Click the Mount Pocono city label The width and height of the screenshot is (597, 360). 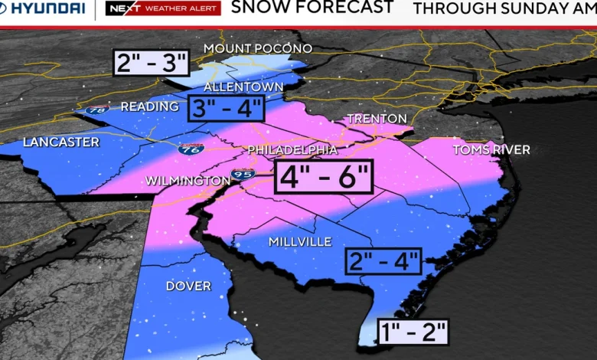tap(257, 49)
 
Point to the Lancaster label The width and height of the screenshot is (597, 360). tap(61, 142)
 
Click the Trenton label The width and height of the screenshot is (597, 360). tap(377, 119)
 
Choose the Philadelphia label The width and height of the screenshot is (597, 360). tap(292, 149)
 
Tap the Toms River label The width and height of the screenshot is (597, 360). tap(491, 149)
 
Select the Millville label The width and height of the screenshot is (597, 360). tap(300, 241)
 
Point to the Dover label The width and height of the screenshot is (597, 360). tap(188, 286)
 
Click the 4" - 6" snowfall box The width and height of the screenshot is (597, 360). tap(325, 178)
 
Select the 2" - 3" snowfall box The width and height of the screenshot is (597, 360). tap(151, 62)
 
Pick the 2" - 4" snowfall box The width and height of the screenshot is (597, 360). tap(383, 260)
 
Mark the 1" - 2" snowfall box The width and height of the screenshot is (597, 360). tap(412, 332)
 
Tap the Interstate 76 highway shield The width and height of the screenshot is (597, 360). tap(191, 149)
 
